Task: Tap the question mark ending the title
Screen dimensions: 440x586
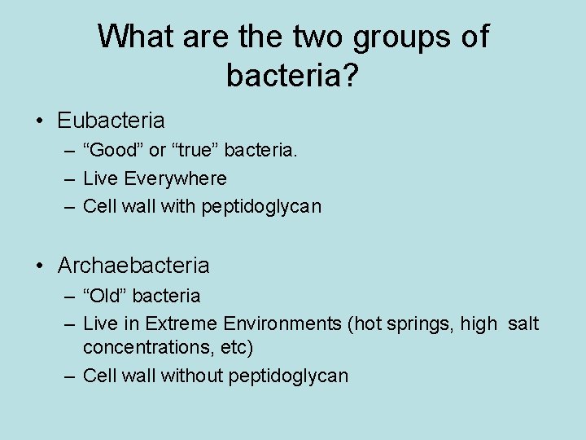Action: pyautogui.click(x=352, y=76)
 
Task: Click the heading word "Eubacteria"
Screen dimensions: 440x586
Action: pyautogui.click(x=111, y=121)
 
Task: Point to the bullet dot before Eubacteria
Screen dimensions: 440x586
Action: pyautogui.click(x=40, y=121)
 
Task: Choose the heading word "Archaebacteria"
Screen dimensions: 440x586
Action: pyautogui.click(x=133, y=266)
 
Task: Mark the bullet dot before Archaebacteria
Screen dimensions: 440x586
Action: pyautogui.click(x=40, y=266)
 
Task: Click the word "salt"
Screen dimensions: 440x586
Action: pyautogui.click(x=523, y=323)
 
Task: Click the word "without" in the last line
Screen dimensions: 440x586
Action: pyautogui.click(x=194, y=376)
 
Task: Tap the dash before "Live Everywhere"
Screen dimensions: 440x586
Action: pyautogui.click(x=69, y=178)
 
